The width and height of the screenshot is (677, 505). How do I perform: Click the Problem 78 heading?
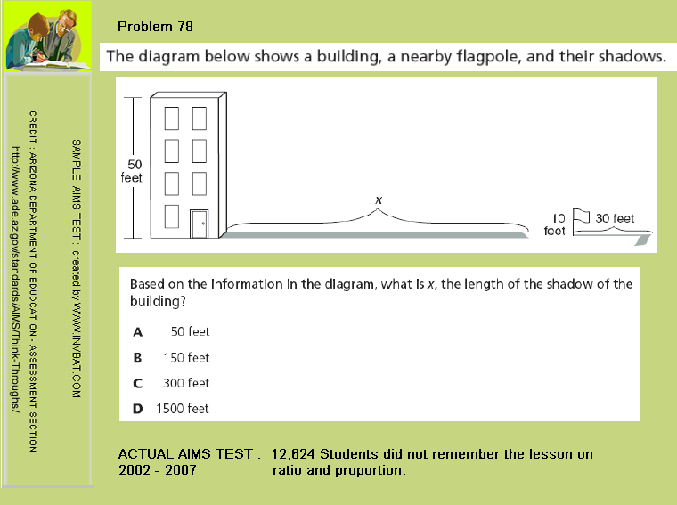pyautogui.click(x=155, y=27)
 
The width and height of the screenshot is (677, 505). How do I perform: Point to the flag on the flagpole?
pyautogui.click(x=583, y=216)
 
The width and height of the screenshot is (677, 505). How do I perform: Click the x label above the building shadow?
pyautogui.click(x=379, y=200)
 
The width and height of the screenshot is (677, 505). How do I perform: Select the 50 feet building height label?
pyautogui.click(x=131, y=171)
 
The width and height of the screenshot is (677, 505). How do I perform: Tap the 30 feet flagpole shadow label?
pyautogui.click(x=615, y=218)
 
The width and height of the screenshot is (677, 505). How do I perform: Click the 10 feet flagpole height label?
pyautogui.click(x=555, y=224)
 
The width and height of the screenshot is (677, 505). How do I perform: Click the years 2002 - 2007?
pyautogui.click(x=158, y=469)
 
